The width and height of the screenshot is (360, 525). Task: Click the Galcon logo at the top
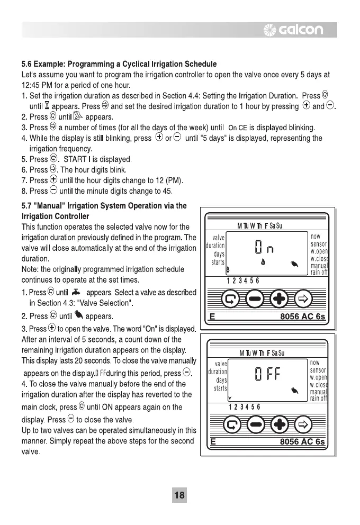(300, 30)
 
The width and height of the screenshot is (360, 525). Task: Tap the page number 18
(179, 495)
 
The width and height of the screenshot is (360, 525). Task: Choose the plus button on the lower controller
(278, 425)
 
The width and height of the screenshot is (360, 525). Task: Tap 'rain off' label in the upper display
(319, 273)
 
